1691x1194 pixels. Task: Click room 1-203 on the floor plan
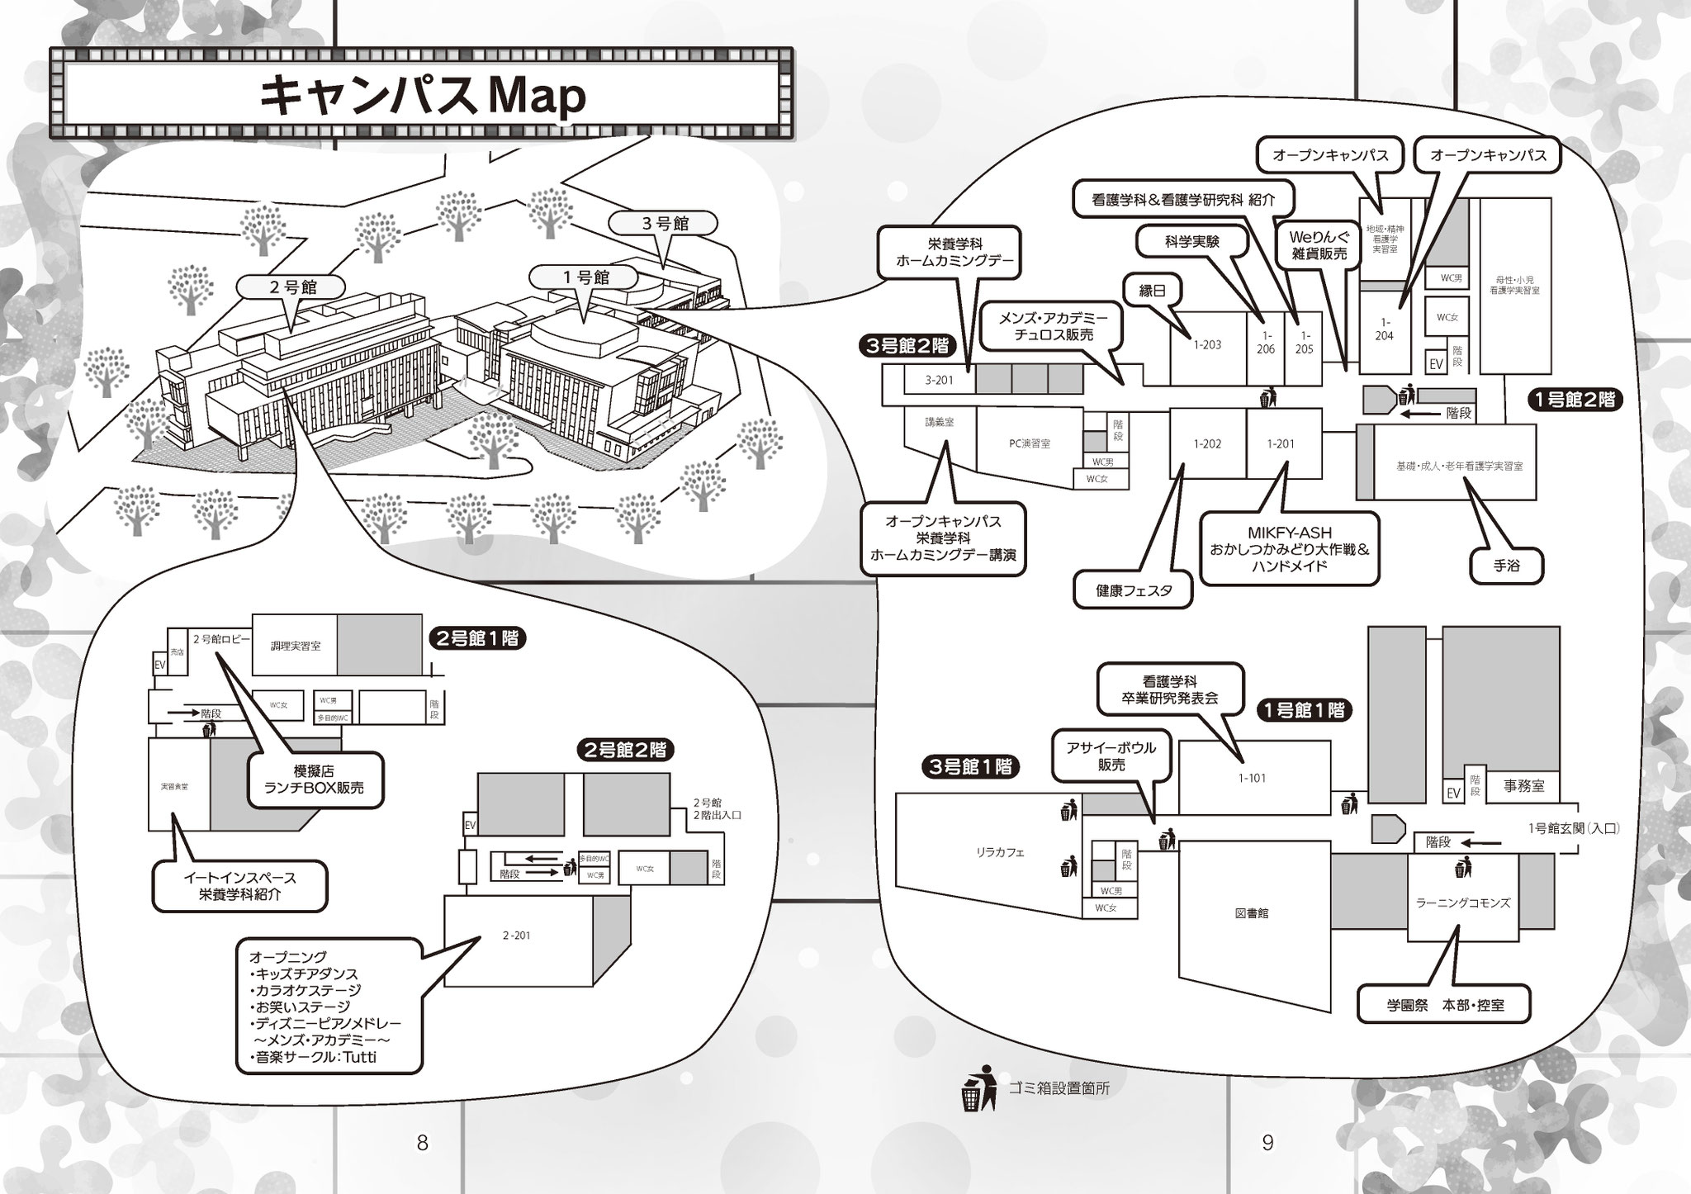tap(1206, 345)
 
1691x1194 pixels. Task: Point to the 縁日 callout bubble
tap(1153, 291)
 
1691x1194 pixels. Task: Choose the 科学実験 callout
tap(1191, 242)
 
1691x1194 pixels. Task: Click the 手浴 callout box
tap(1507, 566)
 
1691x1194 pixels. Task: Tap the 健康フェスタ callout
tap(1134, 590)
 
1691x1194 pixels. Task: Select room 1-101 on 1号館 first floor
tap(1252, 778)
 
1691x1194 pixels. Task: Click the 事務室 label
tap(1523, 787)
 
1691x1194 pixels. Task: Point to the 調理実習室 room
tap(296, 646)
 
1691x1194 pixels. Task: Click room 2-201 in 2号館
tap(516, 936)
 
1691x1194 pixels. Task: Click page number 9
tap(1267, 1144)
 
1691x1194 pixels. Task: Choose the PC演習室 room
tap(1029, 443)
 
